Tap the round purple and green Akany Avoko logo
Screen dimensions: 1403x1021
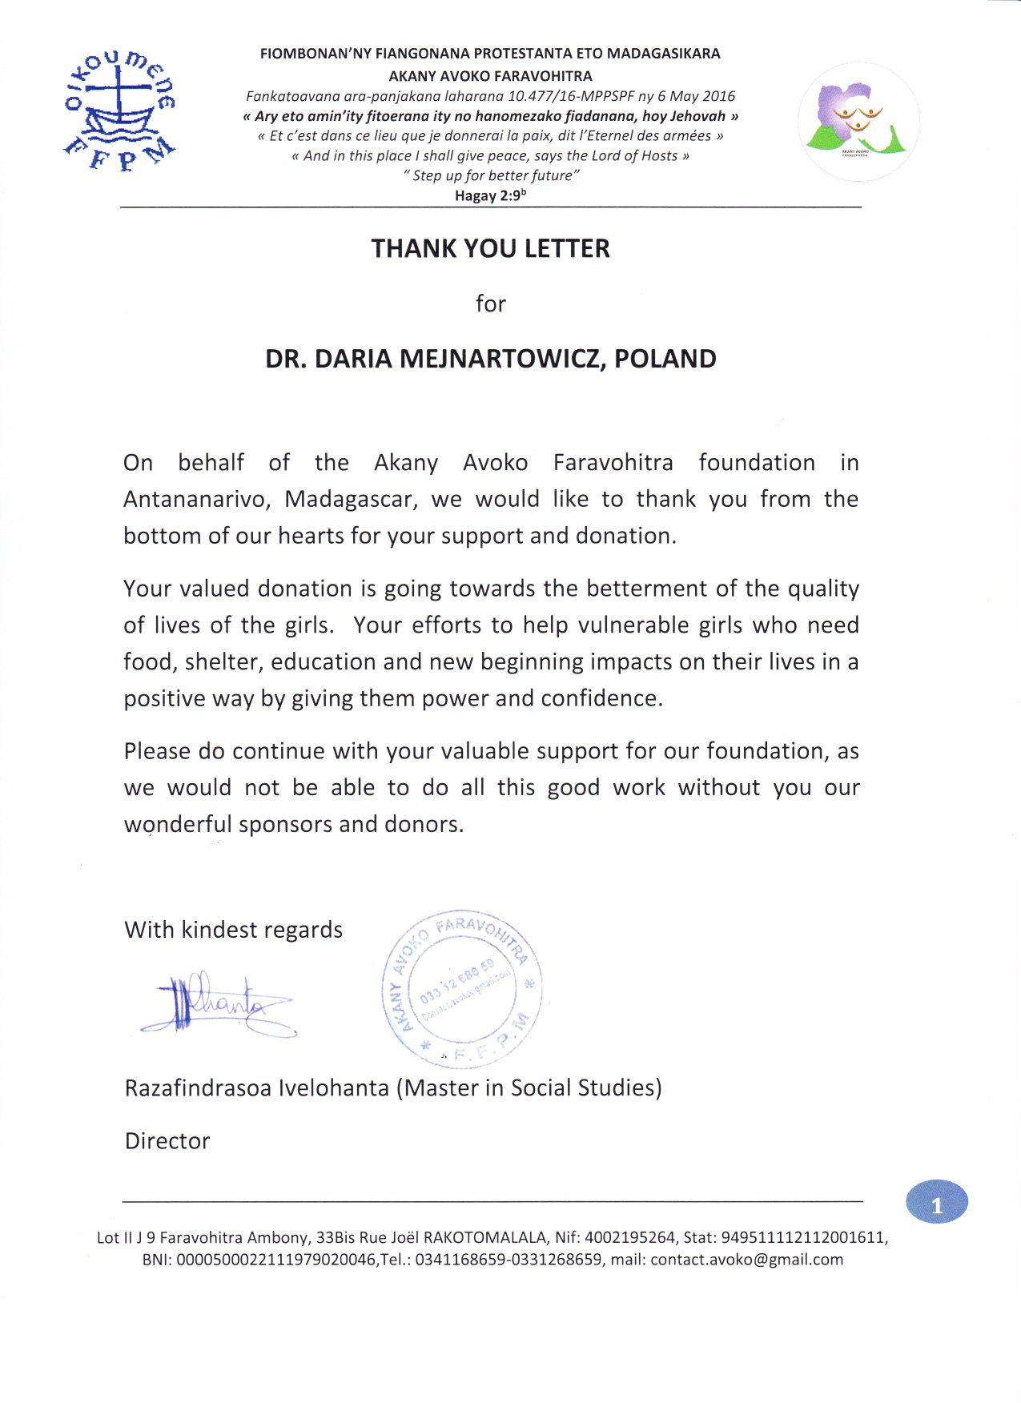click(858, 121)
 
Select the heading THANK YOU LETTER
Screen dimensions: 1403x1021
click(490, 248)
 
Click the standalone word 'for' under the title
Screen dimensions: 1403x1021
click(490, 304)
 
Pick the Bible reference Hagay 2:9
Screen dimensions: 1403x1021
click(489, 195)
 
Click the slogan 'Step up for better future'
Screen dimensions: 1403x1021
click(490, 175)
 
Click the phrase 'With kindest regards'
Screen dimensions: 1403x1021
click(233, 930)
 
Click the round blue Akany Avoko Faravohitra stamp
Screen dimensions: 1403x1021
click(463, 988)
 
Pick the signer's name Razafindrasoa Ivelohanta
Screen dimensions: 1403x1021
click(256, 1088)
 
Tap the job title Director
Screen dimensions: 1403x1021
click(167, 1141)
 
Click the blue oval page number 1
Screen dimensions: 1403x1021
click(936, 1203)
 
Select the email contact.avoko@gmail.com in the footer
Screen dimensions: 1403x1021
click(746, 1260)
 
